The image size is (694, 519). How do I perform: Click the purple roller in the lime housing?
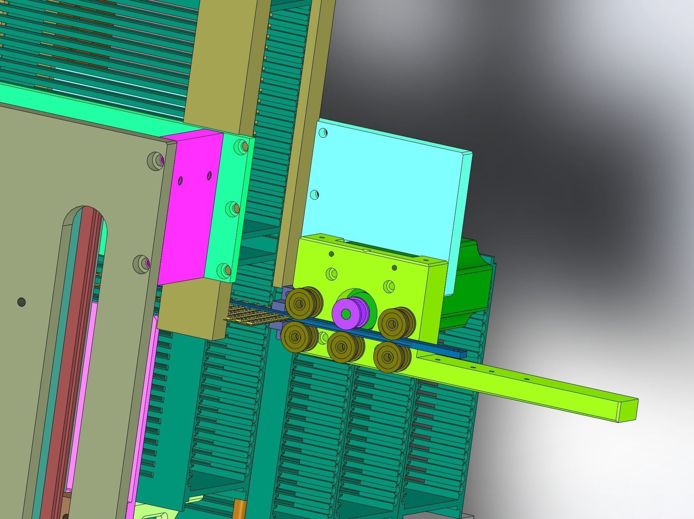coord(346,314)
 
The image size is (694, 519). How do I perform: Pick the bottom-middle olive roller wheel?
coord(342,346)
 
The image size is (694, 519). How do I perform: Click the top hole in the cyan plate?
coord(323,133)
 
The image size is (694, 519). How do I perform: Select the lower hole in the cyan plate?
coord(314,195)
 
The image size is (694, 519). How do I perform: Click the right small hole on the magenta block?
coord(209,175)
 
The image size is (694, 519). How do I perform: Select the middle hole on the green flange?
coord(232,208)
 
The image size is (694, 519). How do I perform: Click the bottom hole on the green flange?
coord(224,270)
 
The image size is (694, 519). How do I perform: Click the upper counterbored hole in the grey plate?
coord(156,159)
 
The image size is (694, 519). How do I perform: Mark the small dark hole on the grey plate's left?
coord(22,302)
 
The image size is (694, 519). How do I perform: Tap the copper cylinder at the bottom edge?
coord(240,511)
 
